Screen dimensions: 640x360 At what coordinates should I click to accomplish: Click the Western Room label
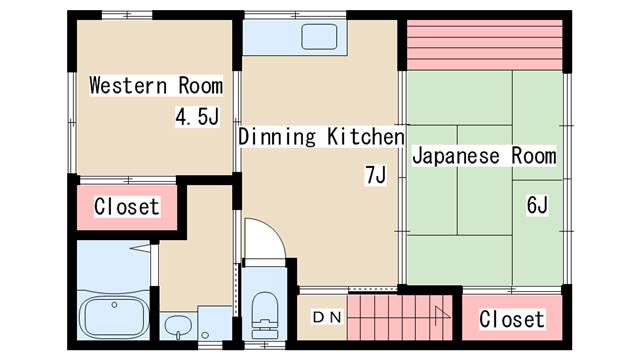[x=156, y=85]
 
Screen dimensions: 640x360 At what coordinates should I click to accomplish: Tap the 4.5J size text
[x=198, y=116]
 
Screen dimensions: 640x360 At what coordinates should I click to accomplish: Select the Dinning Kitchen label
[x=321, y=136]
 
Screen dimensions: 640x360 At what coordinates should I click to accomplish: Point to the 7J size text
[x=375, y=176]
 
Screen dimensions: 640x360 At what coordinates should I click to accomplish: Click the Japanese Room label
[x=484, y=156]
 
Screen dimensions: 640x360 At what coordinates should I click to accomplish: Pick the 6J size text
[x=537, y=205]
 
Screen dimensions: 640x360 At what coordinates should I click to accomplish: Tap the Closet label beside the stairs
[x=512, y=319]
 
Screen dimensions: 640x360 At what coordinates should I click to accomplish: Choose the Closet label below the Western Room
[x=127, y=207]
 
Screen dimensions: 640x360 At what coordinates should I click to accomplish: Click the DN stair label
[x=327, y=317]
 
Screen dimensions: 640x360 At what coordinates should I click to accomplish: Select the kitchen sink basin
[x=319, y=37]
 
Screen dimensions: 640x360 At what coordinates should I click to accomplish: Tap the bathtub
[x=114, y=316]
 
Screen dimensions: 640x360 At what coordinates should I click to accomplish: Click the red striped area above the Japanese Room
[x=485, y=44]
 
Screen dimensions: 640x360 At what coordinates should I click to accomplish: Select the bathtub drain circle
[x=114, y=305]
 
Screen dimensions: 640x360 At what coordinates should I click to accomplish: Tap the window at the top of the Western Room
[x=127, y=15]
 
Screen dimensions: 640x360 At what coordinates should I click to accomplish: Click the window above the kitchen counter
[x=295, y=15]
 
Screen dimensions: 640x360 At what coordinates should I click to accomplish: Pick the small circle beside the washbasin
[x=205, y=335]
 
